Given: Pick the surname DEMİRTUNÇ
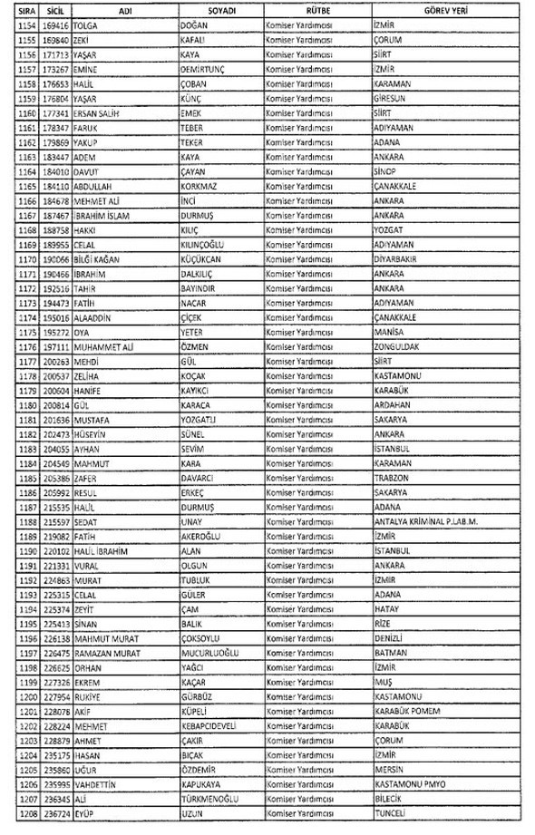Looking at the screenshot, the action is pyautogui.click(x=208, y=69).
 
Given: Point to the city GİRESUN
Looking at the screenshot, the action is pyautogui.click(x=393, y=98).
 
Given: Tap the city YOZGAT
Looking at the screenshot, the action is pyautogui.click(x=390, y=229).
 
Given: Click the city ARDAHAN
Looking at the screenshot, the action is pyautogui.click(x=394, y=404).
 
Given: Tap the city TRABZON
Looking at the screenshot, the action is pyautogui.click(x=392, y=477).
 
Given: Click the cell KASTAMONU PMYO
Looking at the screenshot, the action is pyautogui.click(x=410, y=782).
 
